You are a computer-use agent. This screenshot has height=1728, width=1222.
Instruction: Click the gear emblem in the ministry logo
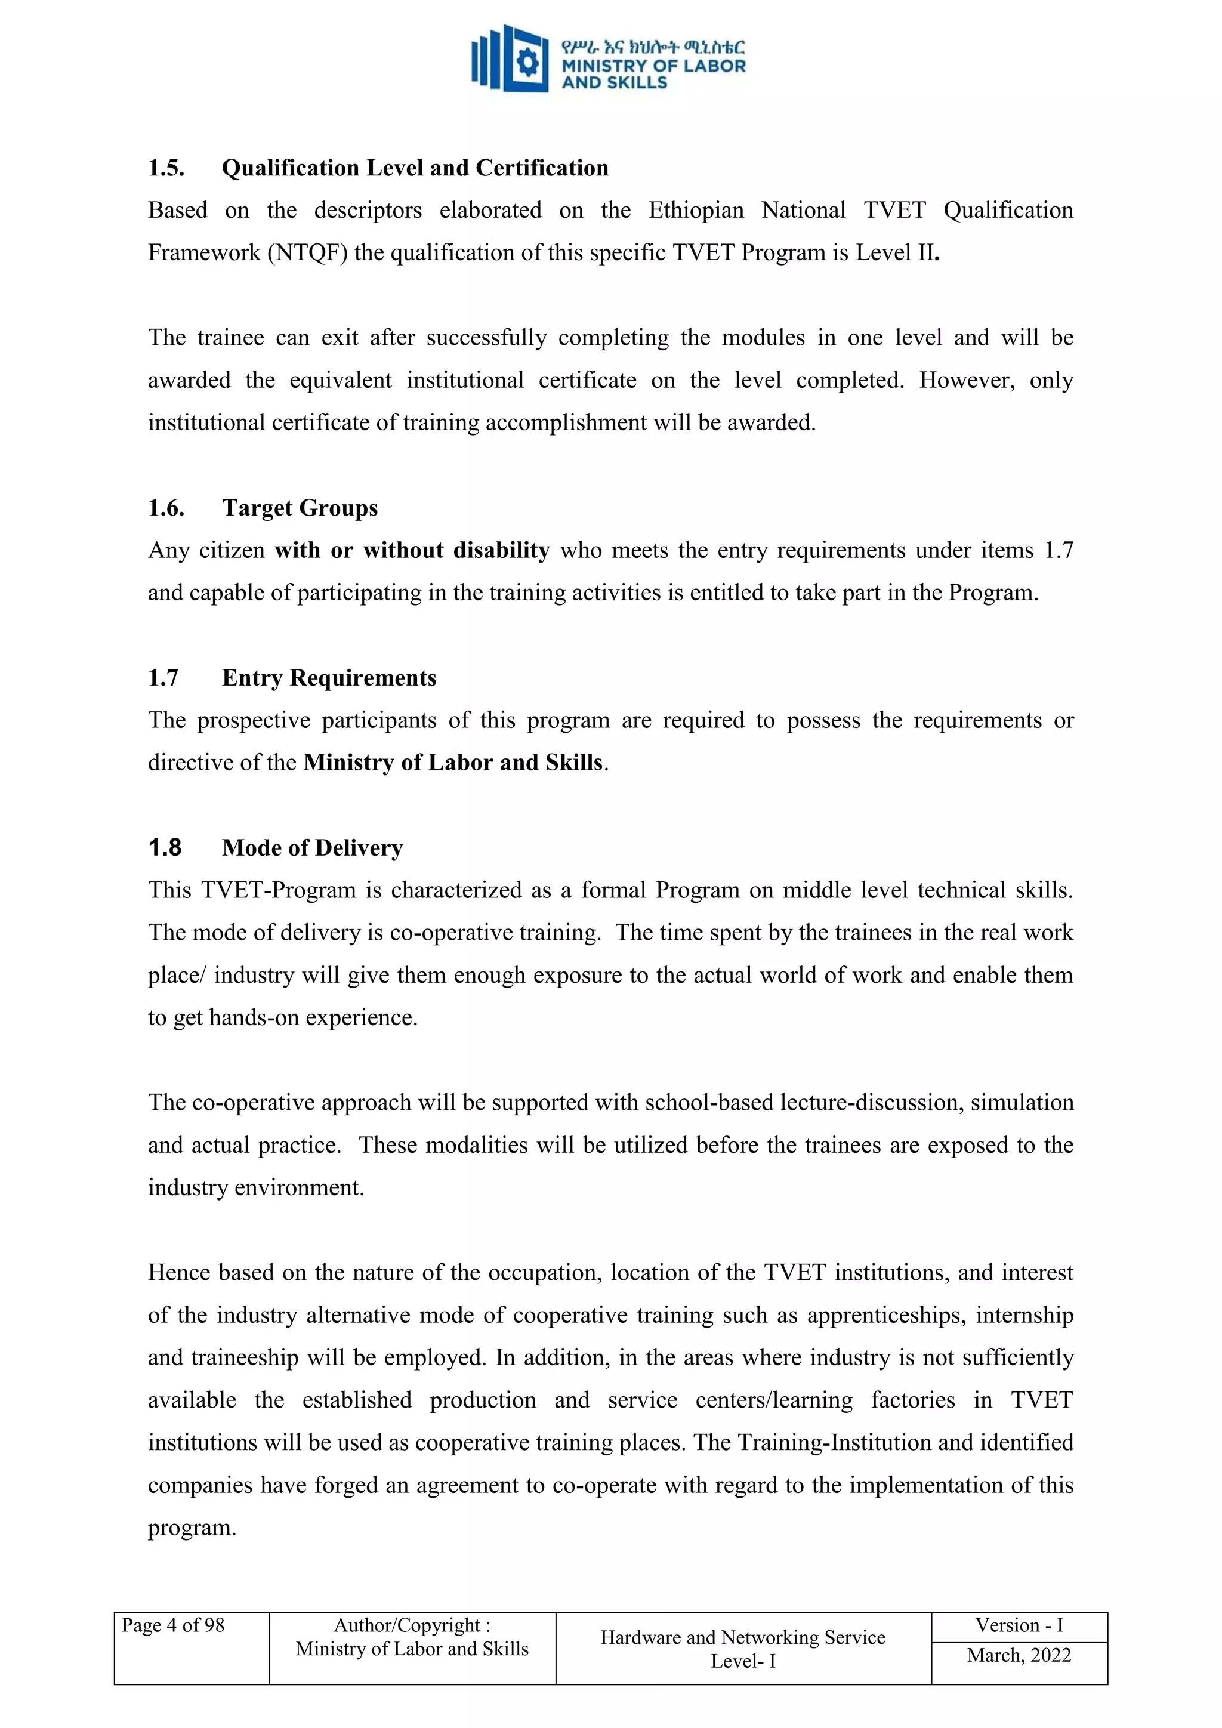[527, 63]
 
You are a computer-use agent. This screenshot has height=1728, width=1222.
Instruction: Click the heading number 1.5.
[166, 168]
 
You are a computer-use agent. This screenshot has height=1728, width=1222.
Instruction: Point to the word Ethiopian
[696, 210]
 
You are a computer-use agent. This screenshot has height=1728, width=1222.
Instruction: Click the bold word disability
[502, 550]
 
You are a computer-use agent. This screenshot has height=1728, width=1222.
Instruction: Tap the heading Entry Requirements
[329, 678]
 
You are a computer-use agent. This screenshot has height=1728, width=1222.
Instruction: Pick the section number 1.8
[165, 848]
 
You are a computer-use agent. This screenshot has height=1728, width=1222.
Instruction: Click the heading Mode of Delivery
[312, 848]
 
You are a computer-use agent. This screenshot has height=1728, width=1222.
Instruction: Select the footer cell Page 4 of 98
[173, 1625]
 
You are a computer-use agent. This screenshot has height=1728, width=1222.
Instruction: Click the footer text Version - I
[1019, 1625]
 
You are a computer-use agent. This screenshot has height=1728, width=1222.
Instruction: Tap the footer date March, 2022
[1019, 1656]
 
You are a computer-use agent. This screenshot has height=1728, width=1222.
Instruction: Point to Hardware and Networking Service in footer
[743, 1638]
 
